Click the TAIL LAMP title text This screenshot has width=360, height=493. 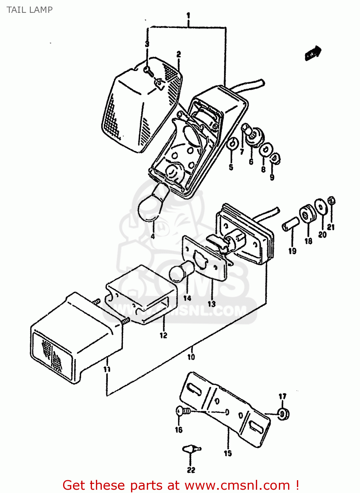[30, 10]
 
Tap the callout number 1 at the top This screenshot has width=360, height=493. [188, 15]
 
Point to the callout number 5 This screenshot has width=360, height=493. [231, 167]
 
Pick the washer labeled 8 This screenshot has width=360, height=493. [265, 151]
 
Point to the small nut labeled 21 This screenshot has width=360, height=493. [331, 200]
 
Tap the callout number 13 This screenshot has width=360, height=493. [212, 304]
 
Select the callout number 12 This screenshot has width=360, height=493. [163, 336]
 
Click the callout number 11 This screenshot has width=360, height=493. [107, 369]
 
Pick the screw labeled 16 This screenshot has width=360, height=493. [182, 411]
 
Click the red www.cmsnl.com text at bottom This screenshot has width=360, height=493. [237, 485]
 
